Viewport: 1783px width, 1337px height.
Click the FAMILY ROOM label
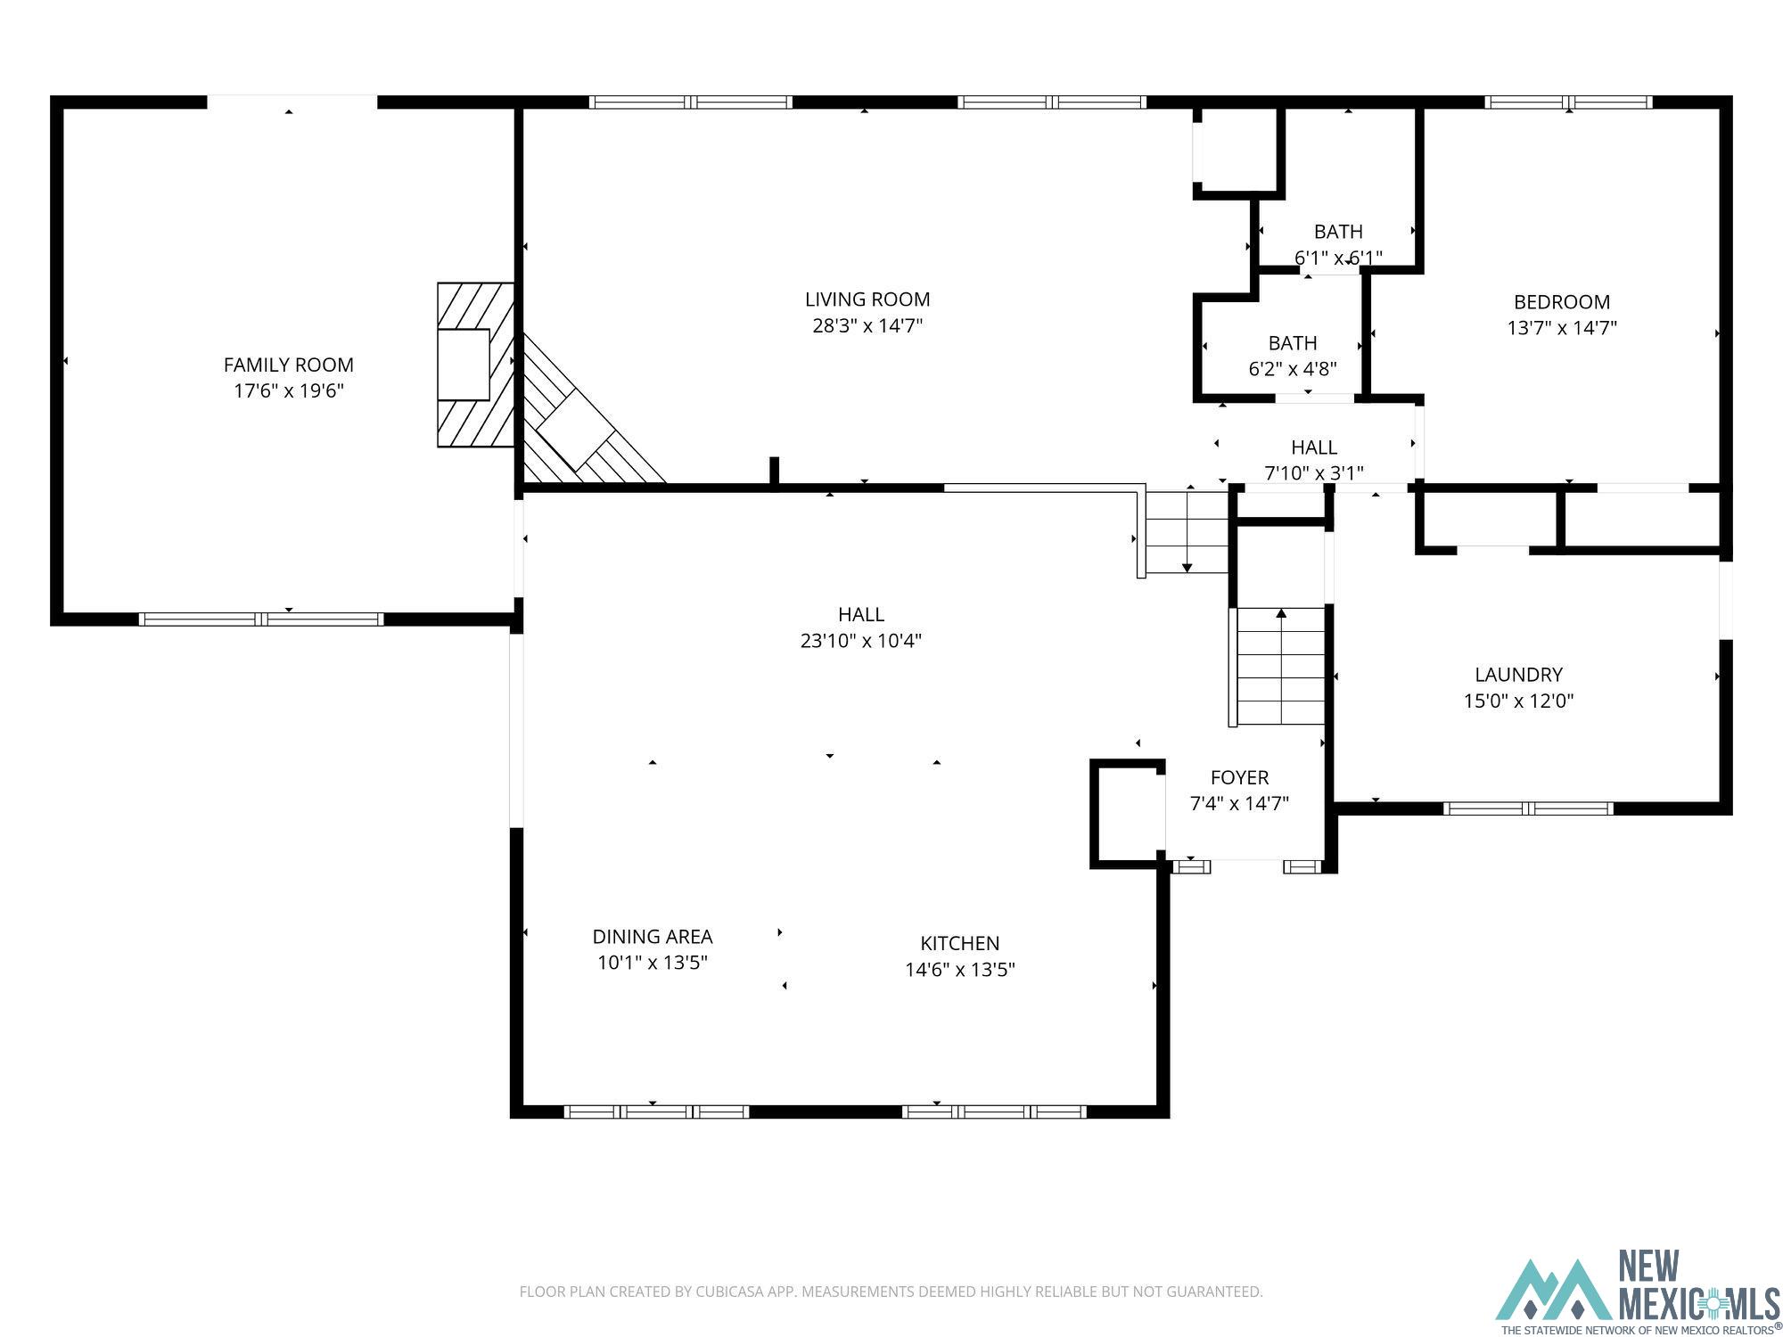[x=288, y=365]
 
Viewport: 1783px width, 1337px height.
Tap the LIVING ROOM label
[x=867, y=299]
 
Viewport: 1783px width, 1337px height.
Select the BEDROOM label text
[x=1562, y=302]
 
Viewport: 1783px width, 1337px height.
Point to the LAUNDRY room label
[x=1518, y=675]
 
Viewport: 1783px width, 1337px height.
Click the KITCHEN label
[x=960, y=943]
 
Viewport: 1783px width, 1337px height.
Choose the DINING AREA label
[x=653, y=937]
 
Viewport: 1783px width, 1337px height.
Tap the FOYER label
[x=1239, y=777]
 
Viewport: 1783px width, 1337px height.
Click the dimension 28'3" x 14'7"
[x=867, y=325]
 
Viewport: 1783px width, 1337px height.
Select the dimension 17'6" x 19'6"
[x=289, y=390]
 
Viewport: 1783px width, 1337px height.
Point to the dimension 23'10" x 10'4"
[x=861, y=640]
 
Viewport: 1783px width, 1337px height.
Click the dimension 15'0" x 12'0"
[x=1518, y=701]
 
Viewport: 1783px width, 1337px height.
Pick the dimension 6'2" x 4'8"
[x=1293, y=369]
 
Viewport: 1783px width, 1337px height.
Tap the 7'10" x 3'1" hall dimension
[x=1314, y=473]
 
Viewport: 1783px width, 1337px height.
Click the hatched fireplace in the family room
[x=476, y=365]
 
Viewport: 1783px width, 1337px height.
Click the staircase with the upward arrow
[x=1281, y=666]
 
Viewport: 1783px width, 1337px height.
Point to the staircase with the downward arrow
[x=1187, y=532]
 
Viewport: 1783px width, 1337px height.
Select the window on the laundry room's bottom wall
[x=1528, y=808]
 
